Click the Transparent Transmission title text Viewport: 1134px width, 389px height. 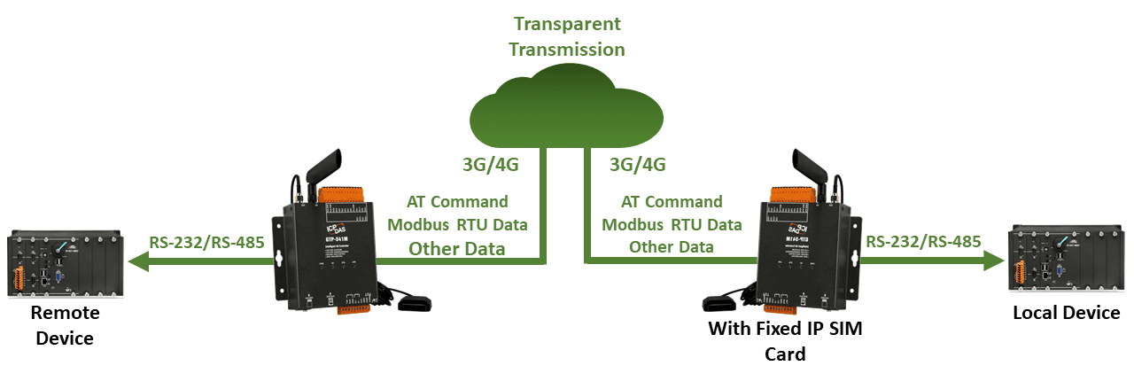pyautogui.click(x=566, y=35)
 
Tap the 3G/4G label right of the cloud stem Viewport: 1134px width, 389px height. pyautogui.click(x=638, y=165)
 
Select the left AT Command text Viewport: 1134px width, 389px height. pyautogui.click(x=457, y=201)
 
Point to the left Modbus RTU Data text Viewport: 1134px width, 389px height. pyautogui.click(x=458, y=224)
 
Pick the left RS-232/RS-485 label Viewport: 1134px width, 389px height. pyautogui.click(x=206, y=240)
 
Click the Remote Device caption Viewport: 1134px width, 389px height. pyautogui.click(x=65, y=325)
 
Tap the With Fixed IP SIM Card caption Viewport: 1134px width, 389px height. pyautogui.click(x=785, y=341)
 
